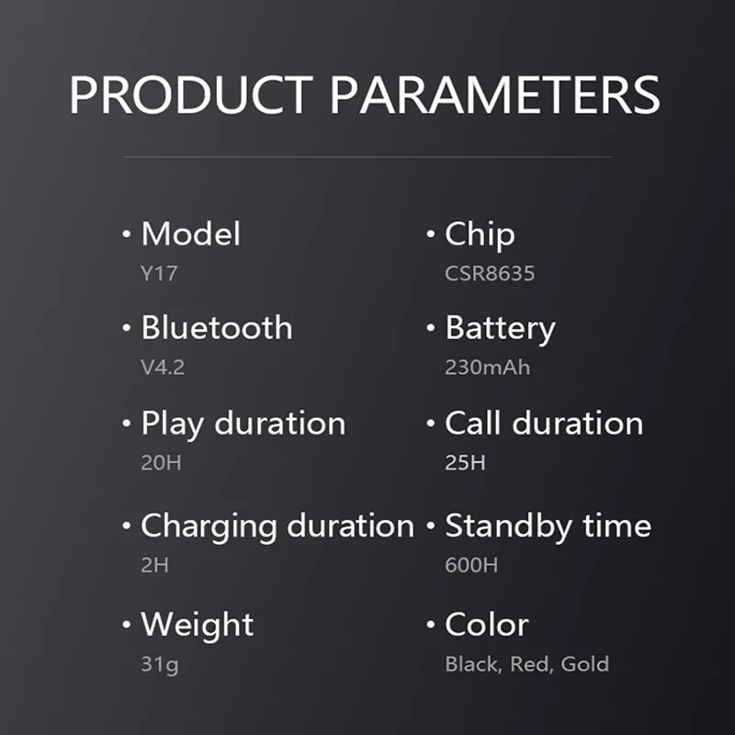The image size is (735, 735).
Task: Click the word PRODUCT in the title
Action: click(191, 95)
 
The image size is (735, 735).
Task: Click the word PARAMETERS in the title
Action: click(495, 95)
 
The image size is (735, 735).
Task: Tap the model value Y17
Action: click(159, 274)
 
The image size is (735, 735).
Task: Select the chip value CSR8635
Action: click(490, 274)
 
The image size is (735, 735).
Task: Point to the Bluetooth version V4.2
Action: click(163, 367)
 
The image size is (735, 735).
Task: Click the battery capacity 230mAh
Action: click(488, 367)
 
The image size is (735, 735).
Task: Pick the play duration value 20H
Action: click(162, 463)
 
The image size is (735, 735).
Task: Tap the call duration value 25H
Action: click(465, 463)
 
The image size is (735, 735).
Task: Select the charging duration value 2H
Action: click(154, 565)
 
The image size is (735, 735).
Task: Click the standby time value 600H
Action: click(471, 565)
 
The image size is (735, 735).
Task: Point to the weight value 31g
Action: click(160, 664)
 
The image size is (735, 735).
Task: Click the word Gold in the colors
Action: click(585, 663)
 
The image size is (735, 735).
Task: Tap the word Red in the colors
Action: click(528, 663)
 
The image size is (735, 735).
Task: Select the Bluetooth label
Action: click(217, 327)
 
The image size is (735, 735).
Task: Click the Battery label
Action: click(500, 329)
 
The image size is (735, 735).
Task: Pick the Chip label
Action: click(480, 234)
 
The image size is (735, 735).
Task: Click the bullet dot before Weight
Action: click(126, 625)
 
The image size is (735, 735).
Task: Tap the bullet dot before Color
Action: click(431, 625)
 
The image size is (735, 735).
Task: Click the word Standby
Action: click(509, 526)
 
